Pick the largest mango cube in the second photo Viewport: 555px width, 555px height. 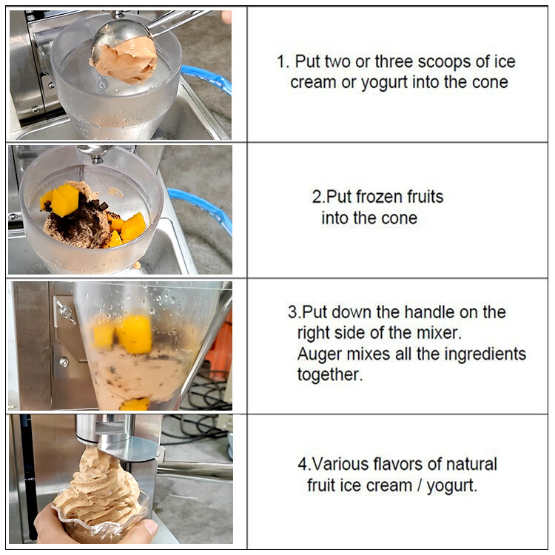coord(65,200)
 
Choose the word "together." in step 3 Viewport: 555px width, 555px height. coord(330,374)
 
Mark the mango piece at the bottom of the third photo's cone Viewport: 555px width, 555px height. coord(134,403)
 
